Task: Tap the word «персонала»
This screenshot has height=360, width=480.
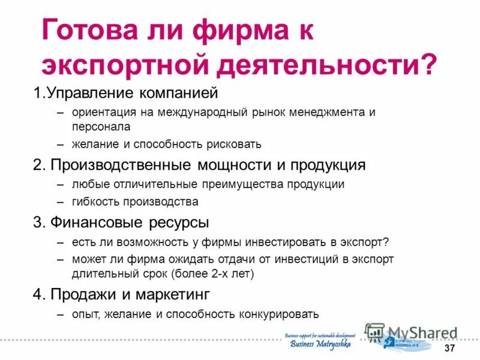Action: (101, 127)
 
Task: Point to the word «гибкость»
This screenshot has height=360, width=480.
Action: (95, 202)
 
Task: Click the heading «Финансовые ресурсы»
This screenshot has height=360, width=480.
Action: (129, 223)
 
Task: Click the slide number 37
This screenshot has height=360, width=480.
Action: (449, 349)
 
